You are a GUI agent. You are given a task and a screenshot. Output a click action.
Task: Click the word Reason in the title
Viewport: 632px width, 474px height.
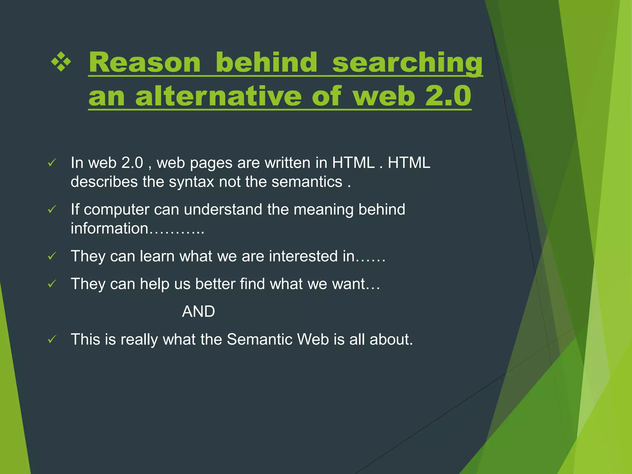[x=144, y=63]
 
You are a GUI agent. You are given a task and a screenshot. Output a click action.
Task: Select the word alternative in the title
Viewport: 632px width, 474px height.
[x=218, y=96]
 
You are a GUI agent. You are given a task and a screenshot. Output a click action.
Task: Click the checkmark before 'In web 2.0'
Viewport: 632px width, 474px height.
[x=52, y=163]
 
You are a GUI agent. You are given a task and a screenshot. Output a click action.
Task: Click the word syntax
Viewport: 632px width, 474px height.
[x=191, y=181]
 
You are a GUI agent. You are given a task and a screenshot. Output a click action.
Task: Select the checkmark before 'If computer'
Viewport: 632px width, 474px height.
[x=52, y=210]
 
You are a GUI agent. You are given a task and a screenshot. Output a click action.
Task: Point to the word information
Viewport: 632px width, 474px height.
[x=110, y=228]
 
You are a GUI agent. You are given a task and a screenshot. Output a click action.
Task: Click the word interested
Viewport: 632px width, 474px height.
[x=303, y=256]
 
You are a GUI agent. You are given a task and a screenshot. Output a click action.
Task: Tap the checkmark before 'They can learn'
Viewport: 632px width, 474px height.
[x=52, y=256]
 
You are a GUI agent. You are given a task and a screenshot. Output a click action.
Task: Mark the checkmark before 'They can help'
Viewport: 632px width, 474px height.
[x=52, y=284]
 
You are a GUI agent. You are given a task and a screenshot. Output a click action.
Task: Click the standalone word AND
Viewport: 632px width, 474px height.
[x=198, y=311]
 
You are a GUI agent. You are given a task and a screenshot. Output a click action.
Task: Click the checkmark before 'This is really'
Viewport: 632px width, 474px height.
[x=52, y=340]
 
